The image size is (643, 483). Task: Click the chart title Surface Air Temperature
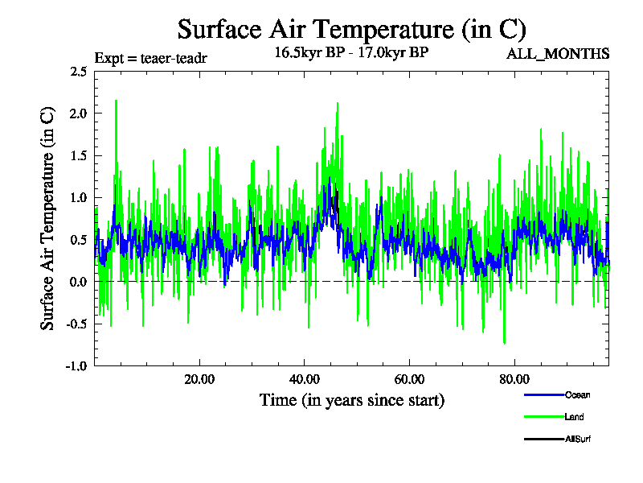click(x=351, y=30)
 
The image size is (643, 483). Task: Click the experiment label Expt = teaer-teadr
click(x=151, y=58)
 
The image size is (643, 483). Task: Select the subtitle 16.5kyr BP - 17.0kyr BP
click(x=351, y=54)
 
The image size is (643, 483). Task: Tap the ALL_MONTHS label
click(x=558, y=54)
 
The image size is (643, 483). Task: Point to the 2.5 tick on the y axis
click(x=79, y=72)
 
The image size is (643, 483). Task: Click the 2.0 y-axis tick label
click(x=79, y=114)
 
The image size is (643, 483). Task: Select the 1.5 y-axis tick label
click(x=79, y=155)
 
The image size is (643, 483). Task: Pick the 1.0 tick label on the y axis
click(x=79, y=197)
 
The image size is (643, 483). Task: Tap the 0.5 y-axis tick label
click(x=79, y=240)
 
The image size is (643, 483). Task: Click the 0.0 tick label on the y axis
click(x=79, y=282)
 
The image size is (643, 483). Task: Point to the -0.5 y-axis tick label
click(x=77, y=324)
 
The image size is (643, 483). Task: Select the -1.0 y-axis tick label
click(x=77, y=365)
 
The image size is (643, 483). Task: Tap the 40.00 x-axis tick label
click(x=305, y=379)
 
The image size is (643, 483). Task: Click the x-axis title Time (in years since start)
click(x=351, y=400)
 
